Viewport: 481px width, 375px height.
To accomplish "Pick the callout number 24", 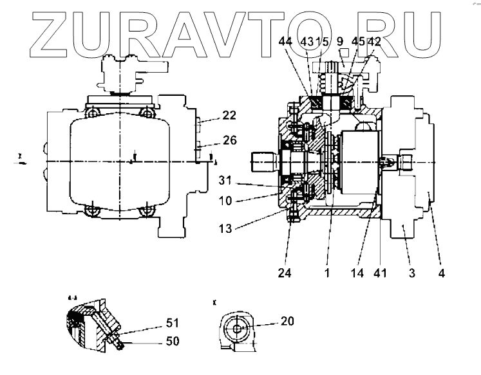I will point(285,272).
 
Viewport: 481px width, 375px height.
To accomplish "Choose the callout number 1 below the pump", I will point(326,272).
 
